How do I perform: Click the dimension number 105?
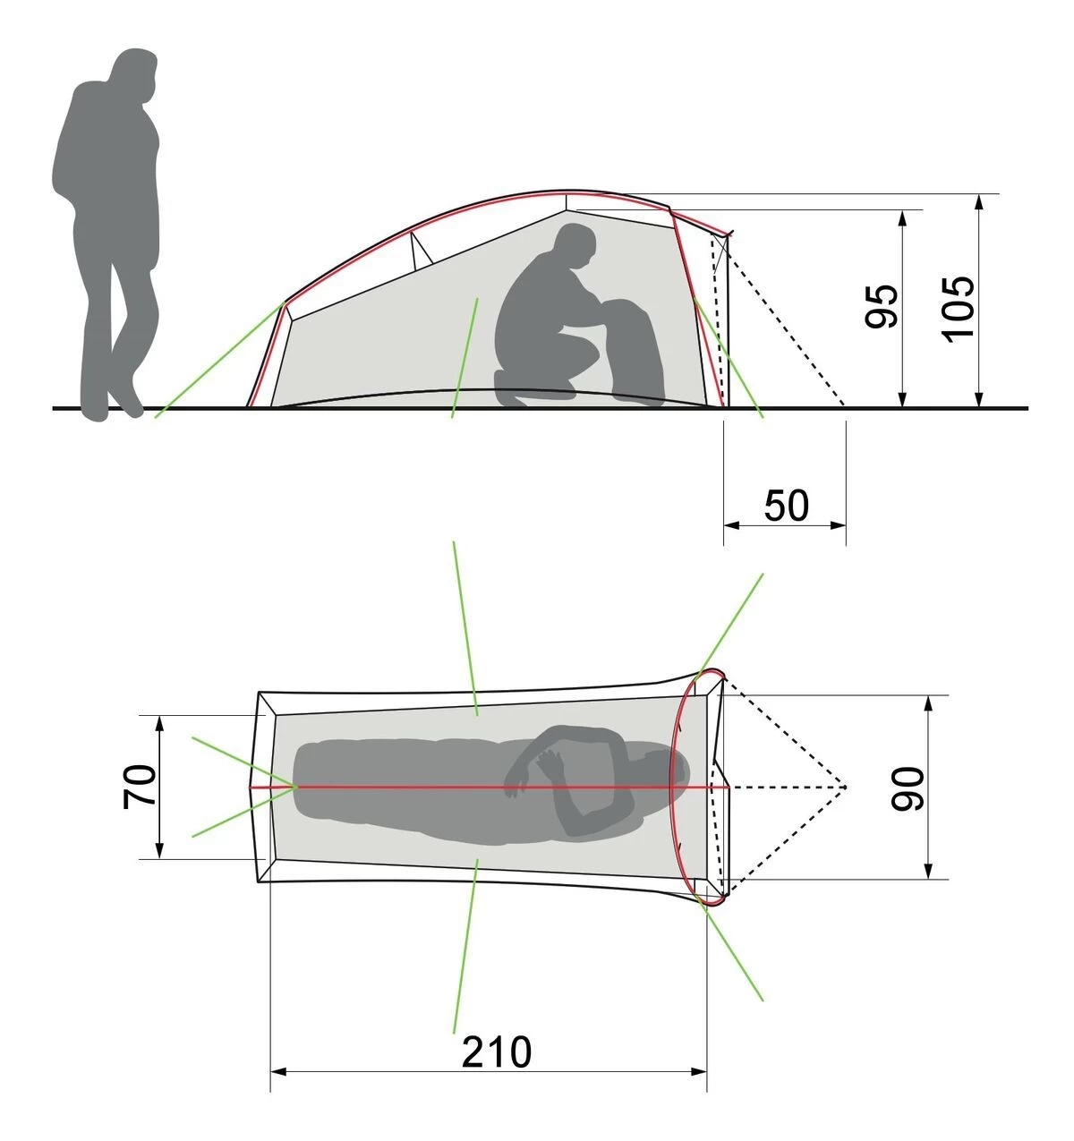coord(958,309)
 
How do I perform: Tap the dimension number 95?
coord(881,307)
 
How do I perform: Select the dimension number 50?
coord(786,506)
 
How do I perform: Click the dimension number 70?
coord(140,787)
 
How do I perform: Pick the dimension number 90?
coord(908,788)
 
